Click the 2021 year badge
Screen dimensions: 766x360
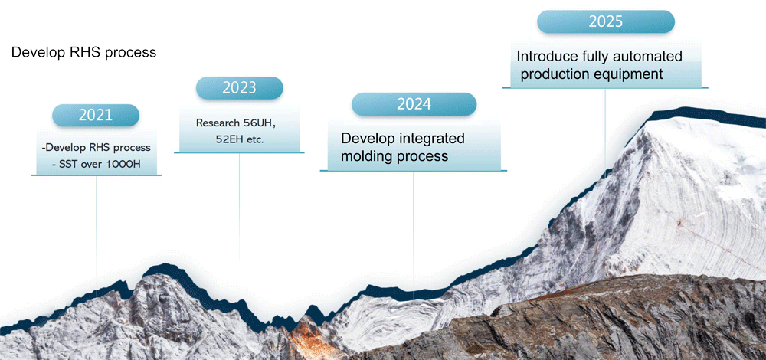click(96, 116)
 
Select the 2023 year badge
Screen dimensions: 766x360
click(239, 88)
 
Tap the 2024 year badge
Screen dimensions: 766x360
click(414, 104)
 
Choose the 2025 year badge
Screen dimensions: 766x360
click(606, 21)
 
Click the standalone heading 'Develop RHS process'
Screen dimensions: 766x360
click(83, 52)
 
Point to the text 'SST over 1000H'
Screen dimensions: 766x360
click(99, 164)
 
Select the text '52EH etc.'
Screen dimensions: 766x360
click(239, 139)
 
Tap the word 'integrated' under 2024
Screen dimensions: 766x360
click(432, 139)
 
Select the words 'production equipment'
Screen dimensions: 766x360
click(591, 74)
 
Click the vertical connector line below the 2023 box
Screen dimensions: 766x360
click(239, 207)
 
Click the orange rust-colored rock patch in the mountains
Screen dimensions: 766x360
click(313, 337)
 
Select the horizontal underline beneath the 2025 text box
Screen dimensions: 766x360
click(605, 88)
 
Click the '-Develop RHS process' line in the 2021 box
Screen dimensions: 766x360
click(97, 147)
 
